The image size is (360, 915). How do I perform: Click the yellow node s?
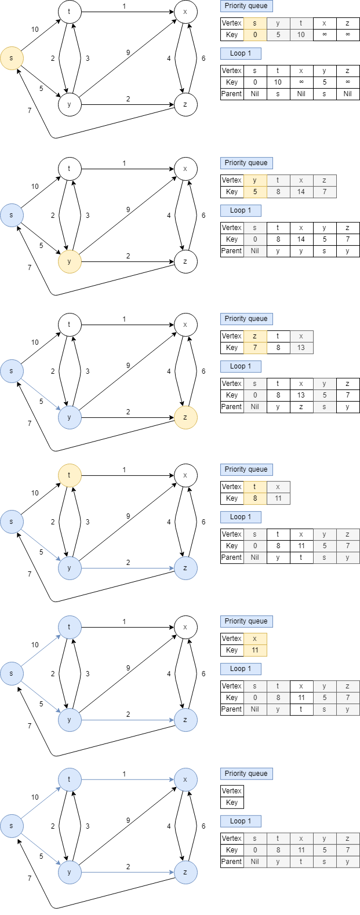[x=12, y=58]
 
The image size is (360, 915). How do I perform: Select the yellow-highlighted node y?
[x=70, y=261]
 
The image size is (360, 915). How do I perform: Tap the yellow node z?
[x=186, y=417]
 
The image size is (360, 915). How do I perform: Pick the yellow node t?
[x=70, y=475]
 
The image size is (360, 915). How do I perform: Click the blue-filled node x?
[x=186, y=779]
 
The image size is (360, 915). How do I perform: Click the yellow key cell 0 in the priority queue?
[x=255, y=35]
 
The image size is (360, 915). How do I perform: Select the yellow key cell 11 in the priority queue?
[x=255, y=650]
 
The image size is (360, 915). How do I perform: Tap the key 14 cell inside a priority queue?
[x=301, y=192]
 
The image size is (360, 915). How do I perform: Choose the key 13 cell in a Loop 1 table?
[x=301, y=395]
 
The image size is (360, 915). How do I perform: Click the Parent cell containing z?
[x=301, y=407]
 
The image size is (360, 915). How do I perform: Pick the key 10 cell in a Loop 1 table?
[x=278, y=82]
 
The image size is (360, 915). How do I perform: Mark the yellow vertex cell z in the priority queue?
[x=255, y=336]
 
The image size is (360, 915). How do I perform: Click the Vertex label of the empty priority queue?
[x=232, y=791]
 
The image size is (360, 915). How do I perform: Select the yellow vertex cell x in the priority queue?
[x=255, y=639]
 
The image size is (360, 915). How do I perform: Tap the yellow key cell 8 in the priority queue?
[x=255, y=498]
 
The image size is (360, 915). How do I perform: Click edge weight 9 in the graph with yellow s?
[x=128, y=53]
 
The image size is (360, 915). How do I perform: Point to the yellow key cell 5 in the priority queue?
[x=255, y=192]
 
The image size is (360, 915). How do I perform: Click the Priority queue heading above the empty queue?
[x=246, y=774]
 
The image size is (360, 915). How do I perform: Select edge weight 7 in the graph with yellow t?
[x=30, y=575]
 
